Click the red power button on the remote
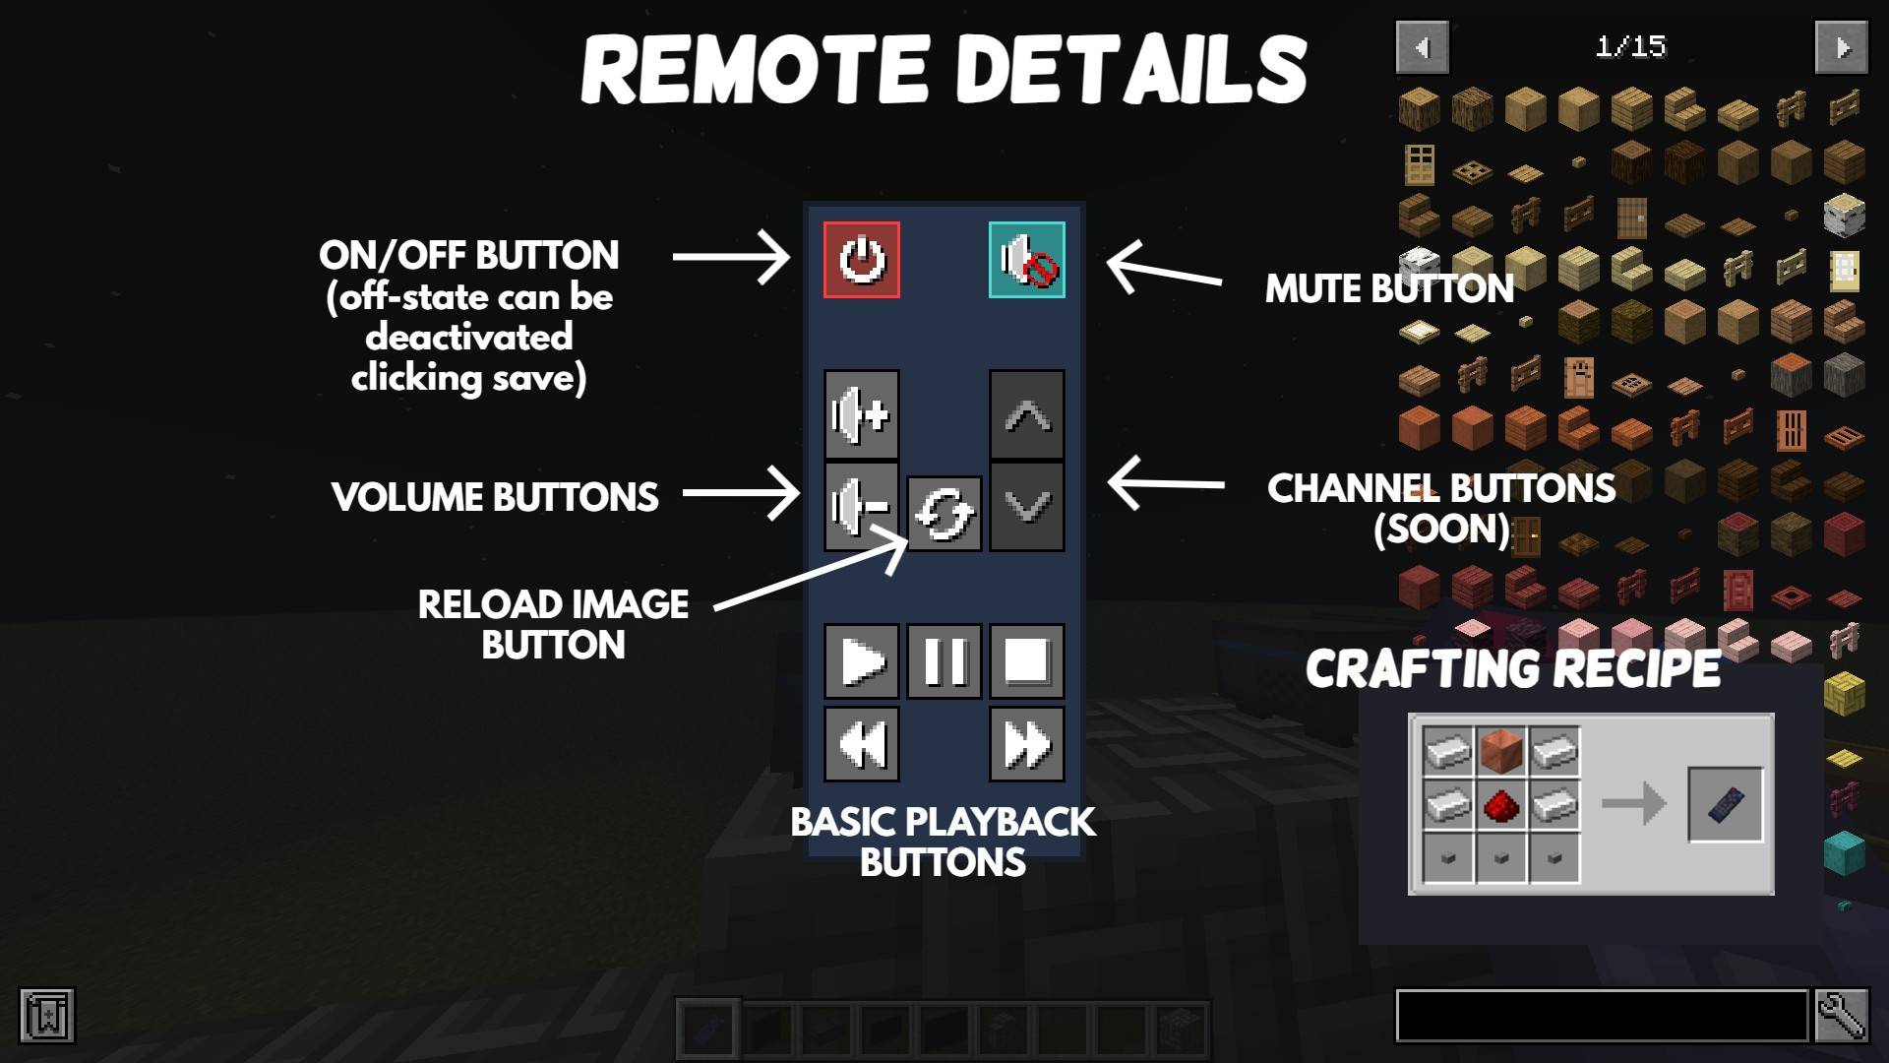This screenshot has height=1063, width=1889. coord(862,260)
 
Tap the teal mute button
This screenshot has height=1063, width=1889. coord(1026,260)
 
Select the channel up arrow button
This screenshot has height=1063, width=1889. coord(1026,415)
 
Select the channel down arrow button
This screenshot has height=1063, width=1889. coord(1026,506)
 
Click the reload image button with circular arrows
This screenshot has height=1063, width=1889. coord(944,514)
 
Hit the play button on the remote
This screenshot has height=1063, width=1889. coord(862,661)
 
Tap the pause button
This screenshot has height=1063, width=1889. coord(944,661)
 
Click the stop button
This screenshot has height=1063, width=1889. coord(1026,661)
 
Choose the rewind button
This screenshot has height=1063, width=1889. coord(862,744)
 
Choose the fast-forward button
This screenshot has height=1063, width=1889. coord(1026,744)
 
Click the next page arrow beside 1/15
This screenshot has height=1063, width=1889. coord(1841,47)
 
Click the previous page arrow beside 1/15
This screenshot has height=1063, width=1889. coord(1422,47)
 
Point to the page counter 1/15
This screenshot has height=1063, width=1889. coord(1630,46)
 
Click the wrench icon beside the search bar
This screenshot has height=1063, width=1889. coord(1841,1016)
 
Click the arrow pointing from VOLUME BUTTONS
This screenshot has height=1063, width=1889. coord(742,493)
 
